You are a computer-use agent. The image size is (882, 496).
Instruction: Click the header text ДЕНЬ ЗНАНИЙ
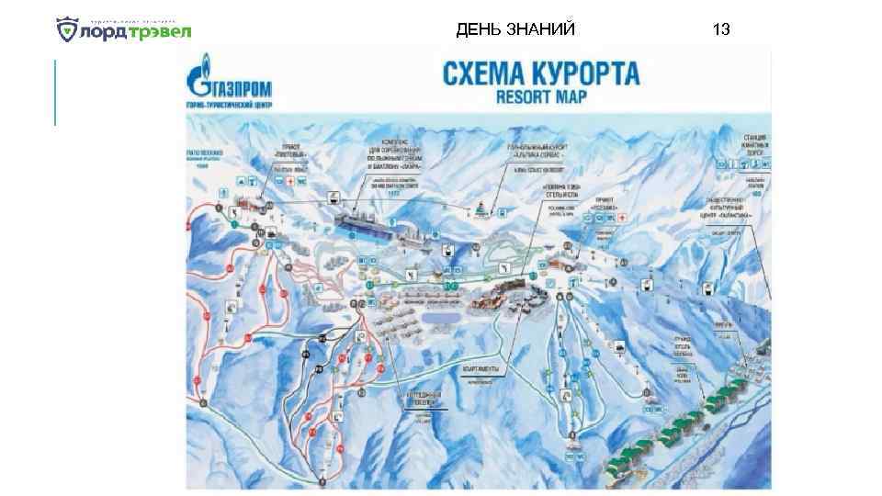point(515,29)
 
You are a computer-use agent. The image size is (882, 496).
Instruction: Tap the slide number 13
point(721,29)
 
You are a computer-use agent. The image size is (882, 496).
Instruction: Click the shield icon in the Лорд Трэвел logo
point(68,31)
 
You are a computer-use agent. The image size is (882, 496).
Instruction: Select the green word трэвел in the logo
point(160,32)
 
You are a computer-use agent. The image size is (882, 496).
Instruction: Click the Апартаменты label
point(478,368)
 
